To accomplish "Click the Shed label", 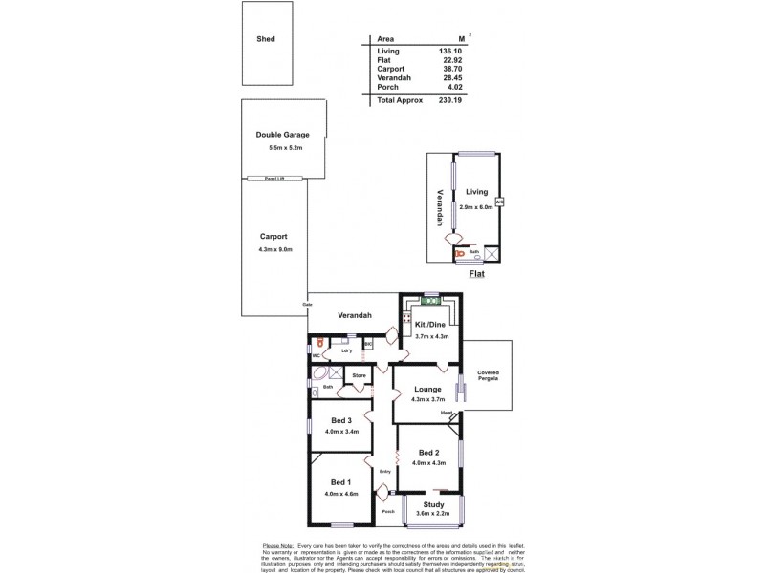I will coord(266,39).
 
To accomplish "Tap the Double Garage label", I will coord(281,135).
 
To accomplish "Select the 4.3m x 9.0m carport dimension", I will coord(273,250).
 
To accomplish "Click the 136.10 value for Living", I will coord(448,51).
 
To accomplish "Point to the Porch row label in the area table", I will coord(387,89).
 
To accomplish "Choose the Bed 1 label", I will coord(342,482).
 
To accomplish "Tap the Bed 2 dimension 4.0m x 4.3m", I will coord(427,464).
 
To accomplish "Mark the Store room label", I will coord(359,376).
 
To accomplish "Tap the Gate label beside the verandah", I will coord(308,305).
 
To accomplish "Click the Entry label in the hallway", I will coord(385,471).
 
